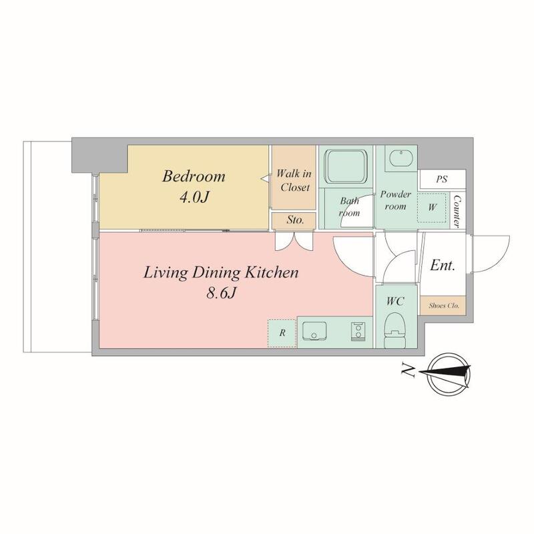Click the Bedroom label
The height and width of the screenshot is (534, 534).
click(x=194, y=176)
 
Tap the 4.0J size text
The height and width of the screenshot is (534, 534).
click(x=193, y=197)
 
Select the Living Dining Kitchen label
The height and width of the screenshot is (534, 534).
click(x=221, y=273)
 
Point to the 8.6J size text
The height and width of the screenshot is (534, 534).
click(x=221, y=292)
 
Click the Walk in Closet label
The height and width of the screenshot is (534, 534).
click(x=294, y=180)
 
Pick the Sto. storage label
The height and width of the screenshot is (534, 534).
click(x=295, y=220)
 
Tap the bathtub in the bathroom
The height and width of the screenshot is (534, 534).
click(x=346, y=166)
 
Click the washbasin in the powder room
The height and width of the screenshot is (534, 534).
click(x=401, y=159)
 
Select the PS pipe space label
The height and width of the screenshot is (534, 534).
click(x=442, y=179)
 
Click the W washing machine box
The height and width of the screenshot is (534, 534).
click(x=432, y=208)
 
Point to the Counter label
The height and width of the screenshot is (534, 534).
click(x=457, y=211)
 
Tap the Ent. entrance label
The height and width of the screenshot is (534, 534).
click(x=443, y=265)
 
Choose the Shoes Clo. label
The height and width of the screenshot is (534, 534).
click(x=444, y=306)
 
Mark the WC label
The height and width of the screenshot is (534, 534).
click(x=395, y=301)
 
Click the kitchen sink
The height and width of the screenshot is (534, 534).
click(x=314, y=330)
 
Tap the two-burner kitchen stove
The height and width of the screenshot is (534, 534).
click(x=357, y=331)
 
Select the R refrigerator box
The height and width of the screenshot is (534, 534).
click(x=282, y=333)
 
